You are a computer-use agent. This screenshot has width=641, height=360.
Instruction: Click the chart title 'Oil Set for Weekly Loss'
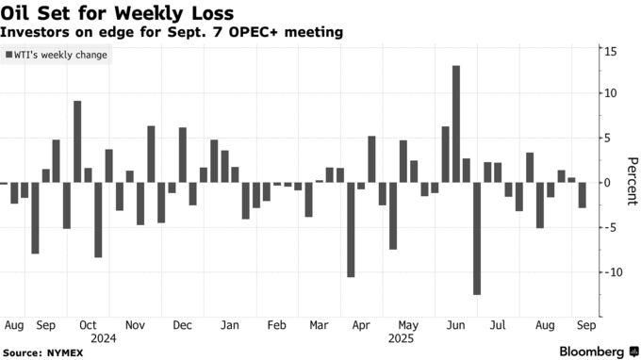118,13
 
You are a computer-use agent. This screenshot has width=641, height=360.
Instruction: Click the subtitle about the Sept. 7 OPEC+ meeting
172,33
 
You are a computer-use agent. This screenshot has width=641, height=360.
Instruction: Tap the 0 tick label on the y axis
607,183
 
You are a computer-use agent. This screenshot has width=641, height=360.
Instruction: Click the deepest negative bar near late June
477,238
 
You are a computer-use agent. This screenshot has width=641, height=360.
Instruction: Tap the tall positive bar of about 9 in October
77,141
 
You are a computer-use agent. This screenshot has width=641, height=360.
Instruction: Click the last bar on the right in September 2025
582,195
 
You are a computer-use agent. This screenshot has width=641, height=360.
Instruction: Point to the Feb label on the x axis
276,325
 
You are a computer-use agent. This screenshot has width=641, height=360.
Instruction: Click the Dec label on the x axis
182,325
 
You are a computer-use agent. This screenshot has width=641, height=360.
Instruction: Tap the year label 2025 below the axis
401,337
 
